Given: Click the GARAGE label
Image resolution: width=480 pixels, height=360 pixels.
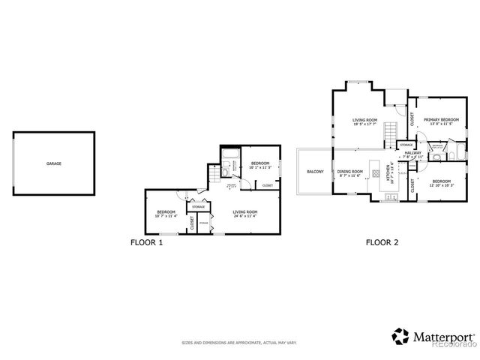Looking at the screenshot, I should (x=54, y=163).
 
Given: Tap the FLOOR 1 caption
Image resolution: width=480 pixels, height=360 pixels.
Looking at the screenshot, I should (x=146, y=242).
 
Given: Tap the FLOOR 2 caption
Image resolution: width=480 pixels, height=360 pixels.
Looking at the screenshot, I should (x=381, y=242).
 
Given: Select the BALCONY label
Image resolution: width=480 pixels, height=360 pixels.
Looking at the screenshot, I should (x=315, y=172).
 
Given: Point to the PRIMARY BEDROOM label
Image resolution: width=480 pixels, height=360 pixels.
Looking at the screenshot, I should (x=441, y=119).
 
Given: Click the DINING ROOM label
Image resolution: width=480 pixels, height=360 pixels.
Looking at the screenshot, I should (x=349, y=172).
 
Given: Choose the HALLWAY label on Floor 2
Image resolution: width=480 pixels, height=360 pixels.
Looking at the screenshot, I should (x=413, y=153).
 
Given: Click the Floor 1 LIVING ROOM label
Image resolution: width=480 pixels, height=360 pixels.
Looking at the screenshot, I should (x=245, y=212).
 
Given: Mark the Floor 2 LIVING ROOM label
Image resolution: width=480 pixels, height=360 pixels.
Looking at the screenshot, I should (x=365, y=120).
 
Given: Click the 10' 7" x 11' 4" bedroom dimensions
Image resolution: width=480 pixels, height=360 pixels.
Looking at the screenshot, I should (x=166, y=216).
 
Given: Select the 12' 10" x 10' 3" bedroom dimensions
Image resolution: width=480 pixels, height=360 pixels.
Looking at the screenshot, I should (x=441, y=184).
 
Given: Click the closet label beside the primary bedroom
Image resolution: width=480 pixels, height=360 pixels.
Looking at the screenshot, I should (x=412, y=118).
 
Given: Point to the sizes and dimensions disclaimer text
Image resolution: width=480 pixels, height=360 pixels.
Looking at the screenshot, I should (x=239, y=343).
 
